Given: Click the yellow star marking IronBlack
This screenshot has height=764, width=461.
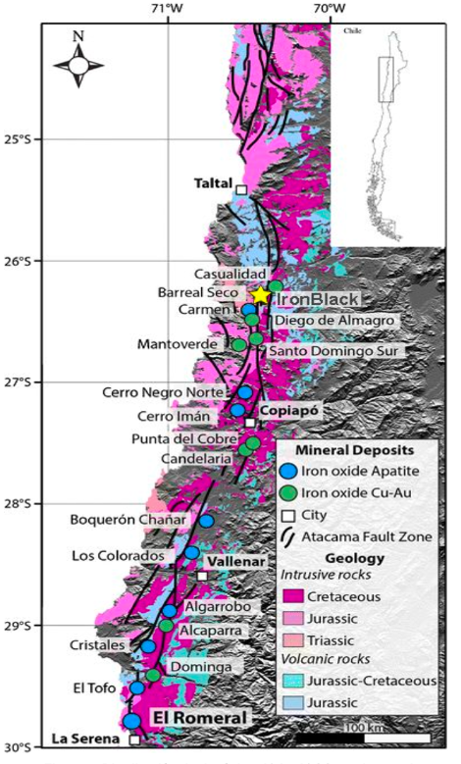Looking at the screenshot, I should pos(260,294).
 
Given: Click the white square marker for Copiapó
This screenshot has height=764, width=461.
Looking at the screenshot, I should pos(251,423).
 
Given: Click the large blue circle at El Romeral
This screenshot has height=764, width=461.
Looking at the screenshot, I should pos(131,722).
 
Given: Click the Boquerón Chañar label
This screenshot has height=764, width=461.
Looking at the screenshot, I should pos(128,520).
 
